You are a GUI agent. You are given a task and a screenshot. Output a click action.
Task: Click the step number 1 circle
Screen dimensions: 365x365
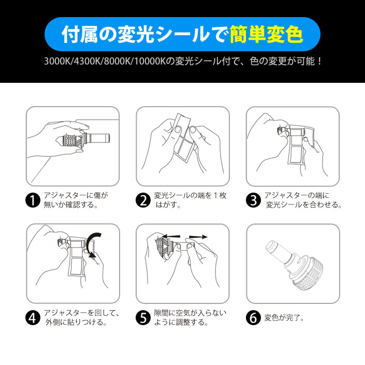pos(33,200)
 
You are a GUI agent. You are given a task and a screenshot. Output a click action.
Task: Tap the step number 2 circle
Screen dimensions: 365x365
pos(143,200)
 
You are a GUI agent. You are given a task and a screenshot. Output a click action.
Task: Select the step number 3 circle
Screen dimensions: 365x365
pos(253,200)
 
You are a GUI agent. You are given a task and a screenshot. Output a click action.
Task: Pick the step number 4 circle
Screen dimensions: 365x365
pos(33,318)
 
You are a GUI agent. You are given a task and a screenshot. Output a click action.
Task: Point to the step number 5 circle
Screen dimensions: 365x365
pos(143,318)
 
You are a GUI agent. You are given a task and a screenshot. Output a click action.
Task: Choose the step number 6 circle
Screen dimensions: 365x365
pos(253,318)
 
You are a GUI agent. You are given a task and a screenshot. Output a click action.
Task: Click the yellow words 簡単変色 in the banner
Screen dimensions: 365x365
pos(266,35)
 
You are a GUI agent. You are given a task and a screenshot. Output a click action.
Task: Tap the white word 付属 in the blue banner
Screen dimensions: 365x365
pos(80,35)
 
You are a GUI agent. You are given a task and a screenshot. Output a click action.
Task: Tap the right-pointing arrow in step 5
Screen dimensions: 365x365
pos(198,237)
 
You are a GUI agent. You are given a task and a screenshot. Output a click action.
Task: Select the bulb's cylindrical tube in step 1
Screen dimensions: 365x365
pos(98,139)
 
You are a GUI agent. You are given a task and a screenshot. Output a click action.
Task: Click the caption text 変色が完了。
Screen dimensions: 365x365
pos(284,318)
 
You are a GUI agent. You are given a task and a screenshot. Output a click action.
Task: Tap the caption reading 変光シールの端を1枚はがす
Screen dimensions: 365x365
pos(190,200)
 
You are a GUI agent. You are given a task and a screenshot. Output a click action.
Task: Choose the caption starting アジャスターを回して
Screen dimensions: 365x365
pos(82,317)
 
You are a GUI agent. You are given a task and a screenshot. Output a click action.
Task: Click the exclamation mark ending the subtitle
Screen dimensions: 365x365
pos(319,62)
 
